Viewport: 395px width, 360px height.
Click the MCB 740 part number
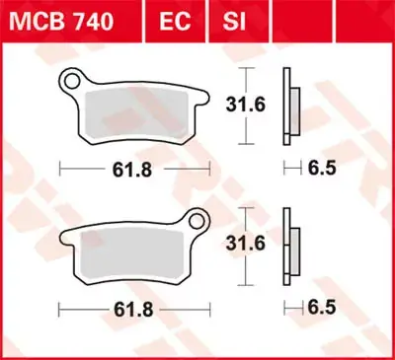click(x=61, y=22)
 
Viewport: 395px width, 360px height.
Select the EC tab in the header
click(x=175, y=22)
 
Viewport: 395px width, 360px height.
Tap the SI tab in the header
click(x=234, y=22)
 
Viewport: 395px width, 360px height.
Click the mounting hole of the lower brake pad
click(x=197, y=221)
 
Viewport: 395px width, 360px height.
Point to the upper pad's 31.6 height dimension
click(x=246, y=105)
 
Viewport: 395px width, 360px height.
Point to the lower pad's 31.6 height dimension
click(x=246, y=244)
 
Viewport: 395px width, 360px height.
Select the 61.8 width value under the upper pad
click(x=132, y=170)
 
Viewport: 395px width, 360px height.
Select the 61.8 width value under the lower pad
click(x=133, y=310)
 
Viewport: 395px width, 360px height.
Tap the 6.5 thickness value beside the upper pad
click(x=322, y=169)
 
